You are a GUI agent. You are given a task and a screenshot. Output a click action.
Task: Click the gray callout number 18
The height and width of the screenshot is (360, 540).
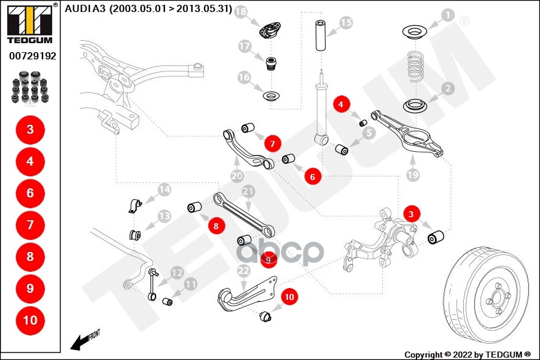coord(241,13)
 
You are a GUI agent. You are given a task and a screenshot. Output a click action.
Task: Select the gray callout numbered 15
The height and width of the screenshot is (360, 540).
coord(346,23)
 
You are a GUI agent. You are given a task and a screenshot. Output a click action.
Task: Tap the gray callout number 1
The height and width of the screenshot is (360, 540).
coord(448,15)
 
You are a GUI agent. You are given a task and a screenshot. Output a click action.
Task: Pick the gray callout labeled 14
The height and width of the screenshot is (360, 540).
coord(164,191)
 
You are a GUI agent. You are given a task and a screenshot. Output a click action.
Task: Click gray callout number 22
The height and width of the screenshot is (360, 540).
coord(242,271)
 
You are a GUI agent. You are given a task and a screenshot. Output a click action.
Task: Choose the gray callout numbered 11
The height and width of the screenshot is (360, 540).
coord(191,284)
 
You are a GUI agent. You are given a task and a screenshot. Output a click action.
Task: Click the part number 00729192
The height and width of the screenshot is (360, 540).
coord(32,56)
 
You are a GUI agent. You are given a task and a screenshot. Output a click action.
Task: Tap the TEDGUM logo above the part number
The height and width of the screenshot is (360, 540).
coord(29,24)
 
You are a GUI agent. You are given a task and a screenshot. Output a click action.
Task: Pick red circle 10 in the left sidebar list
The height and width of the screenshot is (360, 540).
coord(30,320)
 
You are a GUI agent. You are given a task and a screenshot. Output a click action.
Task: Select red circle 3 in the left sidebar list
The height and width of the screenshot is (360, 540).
coord(30,130)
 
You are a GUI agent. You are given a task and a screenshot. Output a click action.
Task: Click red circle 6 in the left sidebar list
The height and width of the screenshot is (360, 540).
coord(30,193)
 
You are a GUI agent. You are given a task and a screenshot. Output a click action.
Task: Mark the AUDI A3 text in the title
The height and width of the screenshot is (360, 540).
coord(86,9)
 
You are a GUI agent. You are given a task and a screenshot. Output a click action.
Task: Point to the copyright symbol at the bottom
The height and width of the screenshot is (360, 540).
coord(448,354)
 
